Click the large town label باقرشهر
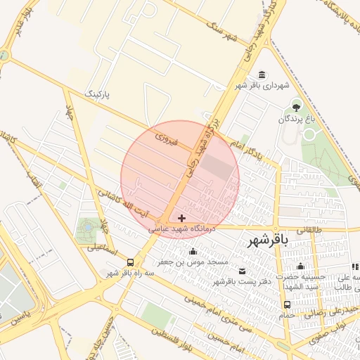268,241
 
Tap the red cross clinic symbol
182,218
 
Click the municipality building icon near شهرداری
262,75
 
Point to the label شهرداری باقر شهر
262,86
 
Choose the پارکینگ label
98,93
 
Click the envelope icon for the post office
243,271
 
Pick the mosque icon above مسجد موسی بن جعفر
193,252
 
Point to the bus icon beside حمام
287,304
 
